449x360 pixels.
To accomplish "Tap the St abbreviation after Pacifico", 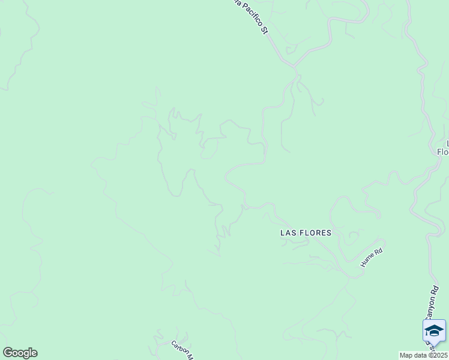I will [x=264, y=29].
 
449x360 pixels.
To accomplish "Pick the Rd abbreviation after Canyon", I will [x=433, y=292].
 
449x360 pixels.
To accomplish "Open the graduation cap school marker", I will [x=434, y=331].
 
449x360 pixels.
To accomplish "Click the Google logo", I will [x=20, y=353].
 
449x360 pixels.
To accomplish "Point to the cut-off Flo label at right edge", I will [x=443, y=152].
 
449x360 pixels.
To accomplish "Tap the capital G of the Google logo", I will [x=8, y=353].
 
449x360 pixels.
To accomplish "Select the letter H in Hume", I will [x=363, y=265].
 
